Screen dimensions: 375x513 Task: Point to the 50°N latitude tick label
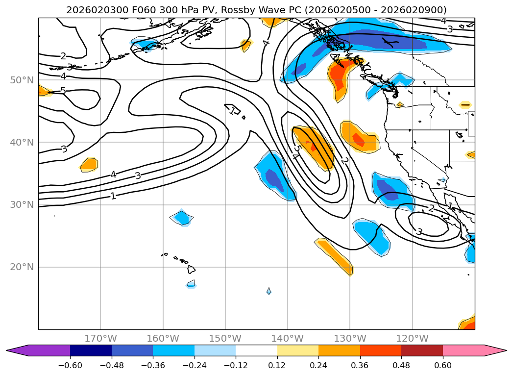(x=22, y=80)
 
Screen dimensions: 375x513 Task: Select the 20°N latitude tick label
(x=22, y=267)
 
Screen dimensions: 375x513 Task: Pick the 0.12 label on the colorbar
(x=277, y=366)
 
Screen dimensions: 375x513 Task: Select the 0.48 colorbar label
(x=401, y=366)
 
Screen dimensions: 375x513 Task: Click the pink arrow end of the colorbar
(x=495, y=350)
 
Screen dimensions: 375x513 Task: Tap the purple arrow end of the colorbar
(x=17, y=350)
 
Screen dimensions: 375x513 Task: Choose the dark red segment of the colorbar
(x=422, y=350)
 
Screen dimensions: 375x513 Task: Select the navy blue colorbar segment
(x=91, y=350)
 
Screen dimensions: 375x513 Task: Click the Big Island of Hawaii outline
(x=192, y=270)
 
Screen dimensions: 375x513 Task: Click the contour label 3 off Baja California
(x=419, y=231)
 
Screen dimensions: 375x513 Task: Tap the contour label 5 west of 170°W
(x=63, y=91)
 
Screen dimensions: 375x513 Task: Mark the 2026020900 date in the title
(x=419, y=10)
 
